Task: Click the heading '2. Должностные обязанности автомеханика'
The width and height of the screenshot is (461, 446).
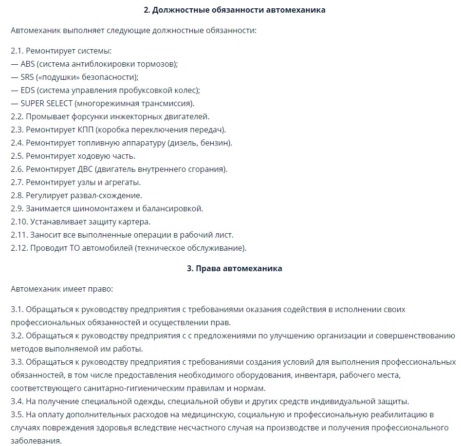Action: pyautogui.click(x=235, y=10)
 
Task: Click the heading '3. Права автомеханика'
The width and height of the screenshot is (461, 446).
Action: pyautogui.click(x=235, y=268)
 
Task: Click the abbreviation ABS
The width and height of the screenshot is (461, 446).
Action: pyautogui.click(x=28, y=64)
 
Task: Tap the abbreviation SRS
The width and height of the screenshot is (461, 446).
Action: pyautogui.click(x=27, y=77)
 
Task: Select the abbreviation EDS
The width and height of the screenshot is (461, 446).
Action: pyautogui.click(x=28, y=90)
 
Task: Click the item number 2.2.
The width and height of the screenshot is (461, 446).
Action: pyautogui.click(x=17, y=116)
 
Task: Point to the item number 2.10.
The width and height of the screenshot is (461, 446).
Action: pyautogui.click(x=19, y=222)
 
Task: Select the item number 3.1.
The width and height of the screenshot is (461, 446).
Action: pyautogui.click(x=17, y=309)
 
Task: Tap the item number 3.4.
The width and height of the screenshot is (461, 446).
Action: pyautogui.click(x=17, y=401)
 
